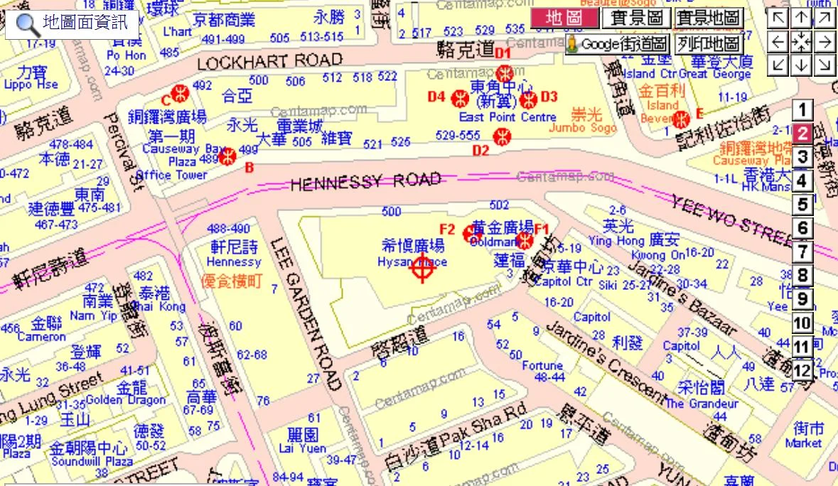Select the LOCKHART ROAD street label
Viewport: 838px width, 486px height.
[269, 62]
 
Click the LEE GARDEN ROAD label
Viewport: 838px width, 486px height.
[308, 313]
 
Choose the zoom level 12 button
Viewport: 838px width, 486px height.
[802, 371]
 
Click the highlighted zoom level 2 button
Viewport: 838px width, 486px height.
[802, 134]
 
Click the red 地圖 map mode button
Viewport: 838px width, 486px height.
[564, 18]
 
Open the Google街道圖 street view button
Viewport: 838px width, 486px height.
[617, 44]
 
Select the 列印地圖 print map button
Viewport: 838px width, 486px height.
[708, 44]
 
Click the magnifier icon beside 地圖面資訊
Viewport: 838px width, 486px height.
[28, 23]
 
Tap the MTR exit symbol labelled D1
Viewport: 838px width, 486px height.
[505, 72]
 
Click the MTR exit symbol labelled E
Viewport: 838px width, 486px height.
[682, 118]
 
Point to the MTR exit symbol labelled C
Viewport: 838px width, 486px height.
[181, 93]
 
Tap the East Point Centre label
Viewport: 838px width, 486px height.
[498, 117]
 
